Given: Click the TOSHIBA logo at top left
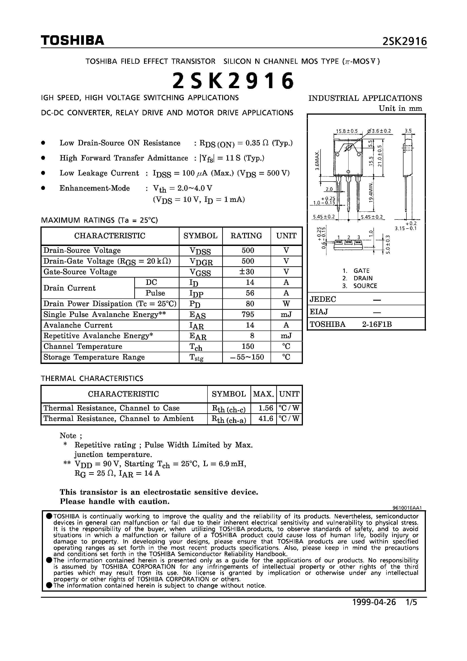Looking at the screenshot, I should (x=72, y=40).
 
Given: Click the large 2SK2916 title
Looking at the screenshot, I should (x=233, y=81).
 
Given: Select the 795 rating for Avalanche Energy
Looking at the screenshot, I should (x=248, y=314).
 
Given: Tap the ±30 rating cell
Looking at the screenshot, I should (x=248, y=272).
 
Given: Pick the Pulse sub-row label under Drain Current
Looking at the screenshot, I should (x=155, y=293).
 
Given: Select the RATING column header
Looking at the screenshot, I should (x=246, y=236).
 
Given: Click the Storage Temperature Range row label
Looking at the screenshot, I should (x=94, y=357).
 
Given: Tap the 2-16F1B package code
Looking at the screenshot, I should (x=377, y=324).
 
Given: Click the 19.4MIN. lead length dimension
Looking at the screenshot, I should (x=371, y=192).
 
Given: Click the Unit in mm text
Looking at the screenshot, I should (x=400, y=109).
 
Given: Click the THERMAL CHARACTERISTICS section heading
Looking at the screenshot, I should (x=92, y=378).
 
